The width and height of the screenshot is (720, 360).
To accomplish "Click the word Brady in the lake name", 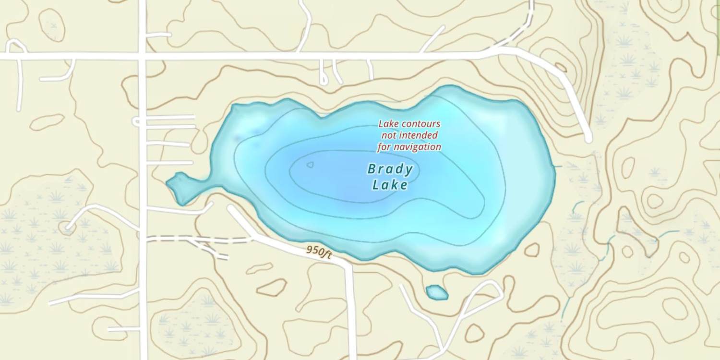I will [x=390, y=169].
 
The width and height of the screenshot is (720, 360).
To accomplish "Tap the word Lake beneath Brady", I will [x=390, y=185].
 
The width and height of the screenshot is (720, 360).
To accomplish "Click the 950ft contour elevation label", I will [x=319, y=252].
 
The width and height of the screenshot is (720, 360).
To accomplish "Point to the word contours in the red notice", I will [x=421, y=124].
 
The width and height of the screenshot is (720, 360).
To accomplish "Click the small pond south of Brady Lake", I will [x=437, y=292].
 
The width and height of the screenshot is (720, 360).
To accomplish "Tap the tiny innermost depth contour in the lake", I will [x=310, y=165].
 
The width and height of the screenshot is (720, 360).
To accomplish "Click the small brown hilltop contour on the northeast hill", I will [x=560, y=67].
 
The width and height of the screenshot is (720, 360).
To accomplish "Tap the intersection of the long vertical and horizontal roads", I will [x=142, y=56].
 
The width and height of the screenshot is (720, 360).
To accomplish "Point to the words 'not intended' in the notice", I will [x=409, y=135].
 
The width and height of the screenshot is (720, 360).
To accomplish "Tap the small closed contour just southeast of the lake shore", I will [x=531, y=249].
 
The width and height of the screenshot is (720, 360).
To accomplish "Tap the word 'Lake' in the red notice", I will [x=388, y=124].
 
